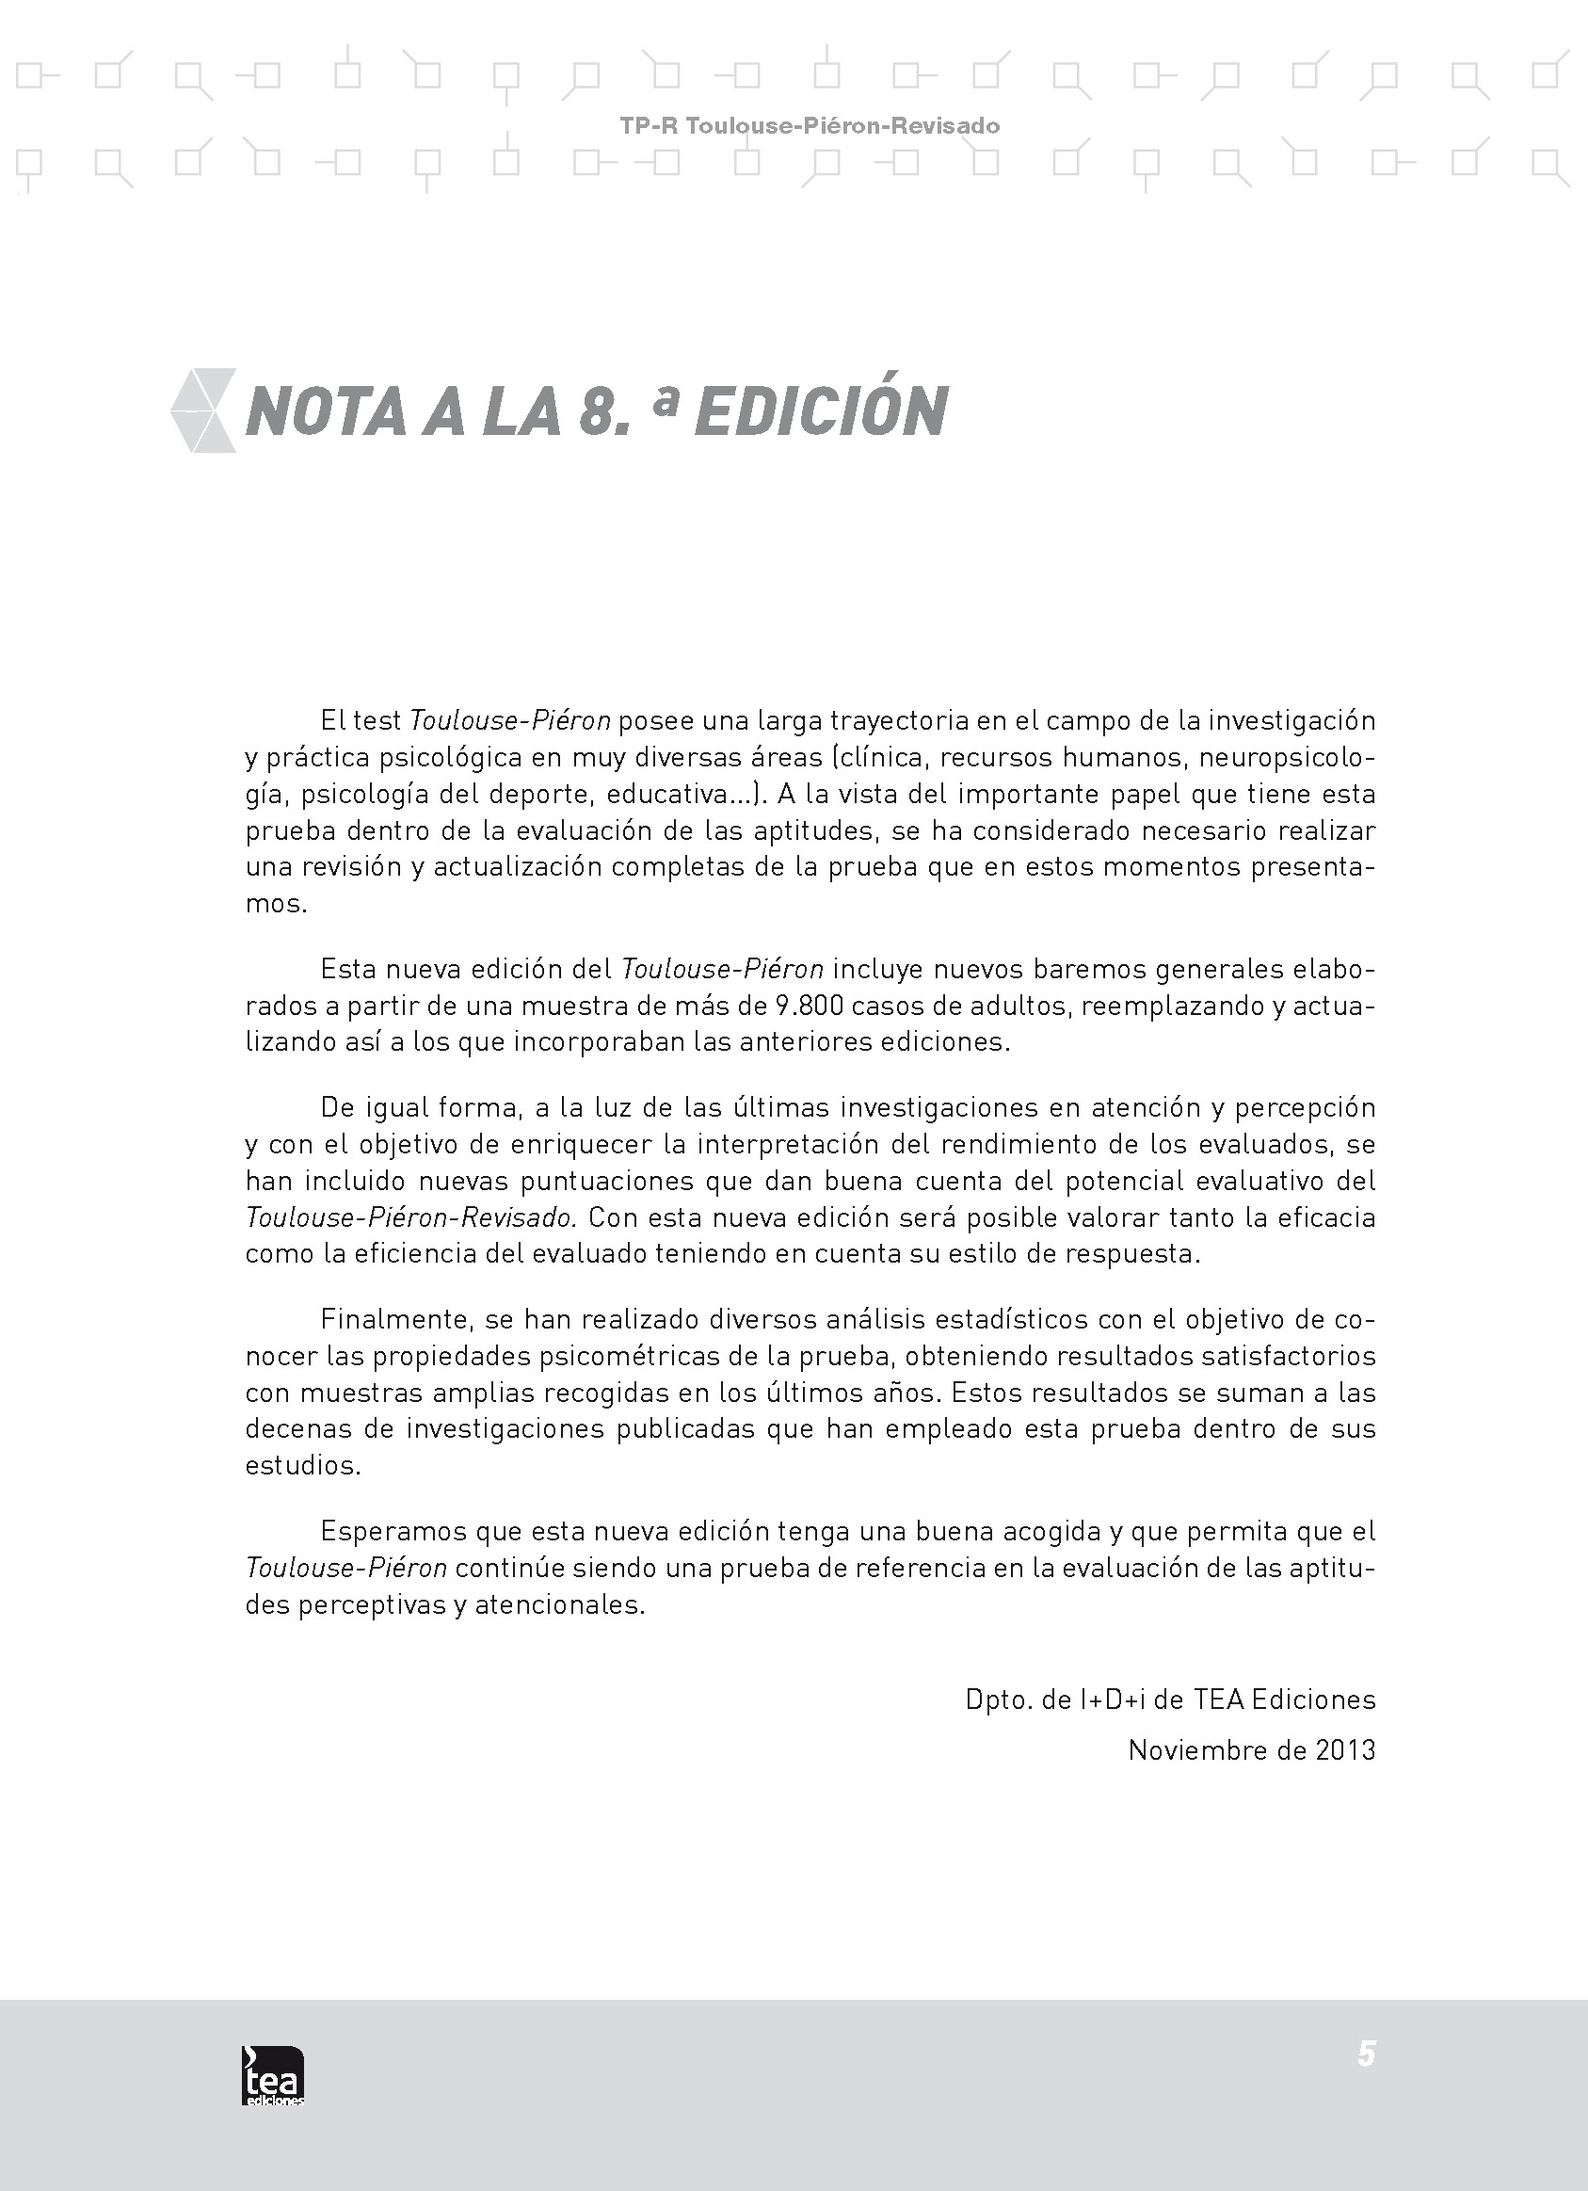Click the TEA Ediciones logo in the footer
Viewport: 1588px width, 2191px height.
272,2075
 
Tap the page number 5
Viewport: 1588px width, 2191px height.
1366,2053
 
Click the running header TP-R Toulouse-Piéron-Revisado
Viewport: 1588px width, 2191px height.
810,125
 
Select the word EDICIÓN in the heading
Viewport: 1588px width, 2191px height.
821,411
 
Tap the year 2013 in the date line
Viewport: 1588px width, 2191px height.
1344,1750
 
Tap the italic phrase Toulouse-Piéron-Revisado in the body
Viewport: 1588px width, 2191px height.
410,1217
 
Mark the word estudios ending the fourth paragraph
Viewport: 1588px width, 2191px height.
302,1465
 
